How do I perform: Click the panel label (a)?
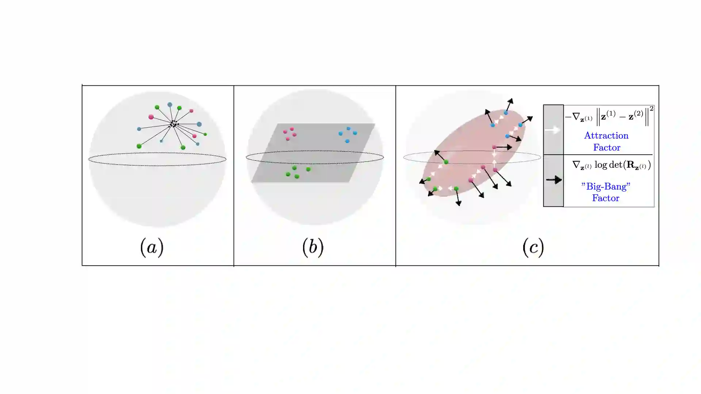tap(152, 247)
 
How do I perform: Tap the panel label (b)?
tap(313, 247)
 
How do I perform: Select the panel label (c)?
tap(533, 247)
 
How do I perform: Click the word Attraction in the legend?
tap(606, 136)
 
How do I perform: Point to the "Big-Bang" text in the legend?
tap(606, 186)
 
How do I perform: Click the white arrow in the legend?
tap(552, 130)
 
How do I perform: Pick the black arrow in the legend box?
tap(553, 179)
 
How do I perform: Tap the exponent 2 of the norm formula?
tap(651, 109)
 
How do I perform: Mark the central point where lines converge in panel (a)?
tap(173, 124)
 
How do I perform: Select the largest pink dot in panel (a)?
tap(151, 117)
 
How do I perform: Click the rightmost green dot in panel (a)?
tap(205, 134)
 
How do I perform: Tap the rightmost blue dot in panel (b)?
tap(355, 133)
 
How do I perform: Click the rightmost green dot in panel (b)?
tap(308, 169)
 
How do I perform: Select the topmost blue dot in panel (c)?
tap(506, 113)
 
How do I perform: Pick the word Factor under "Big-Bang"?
tap(606, 198)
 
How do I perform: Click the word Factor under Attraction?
tap(606, 148)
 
